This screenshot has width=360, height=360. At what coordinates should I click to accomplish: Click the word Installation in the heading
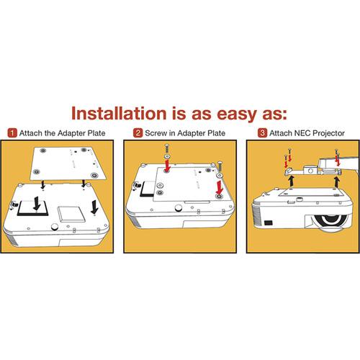coord(119,113)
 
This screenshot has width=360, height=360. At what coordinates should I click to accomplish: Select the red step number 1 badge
coord(12,132)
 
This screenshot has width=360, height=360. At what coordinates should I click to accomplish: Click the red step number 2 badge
coord(138,132)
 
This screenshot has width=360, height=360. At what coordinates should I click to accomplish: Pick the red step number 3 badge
coord(262,132)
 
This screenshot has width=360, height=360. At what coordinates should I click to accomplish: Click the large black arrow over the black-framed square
coord(37,203)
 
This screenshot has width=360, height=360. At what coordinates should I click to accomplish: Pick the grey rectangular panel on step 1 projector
coord(71,215)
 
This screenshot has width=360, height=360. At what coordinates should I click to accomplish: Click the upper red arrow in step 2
coord(168,165)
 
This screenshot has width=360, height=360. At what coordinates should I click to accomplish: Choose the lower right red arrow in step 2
coord(219,187)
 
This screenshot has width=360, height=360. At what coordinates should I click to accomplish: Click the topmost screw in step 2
coord(166,148)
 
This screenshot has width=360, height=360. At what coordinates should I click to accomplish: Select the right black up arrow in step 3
coord(337,182)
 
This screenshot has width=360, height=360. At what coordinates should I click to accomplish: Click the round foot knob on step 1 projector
coord(55,226)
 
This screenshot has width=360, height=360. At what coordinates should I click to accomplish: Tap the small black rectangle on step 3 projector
coord(269,223)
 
